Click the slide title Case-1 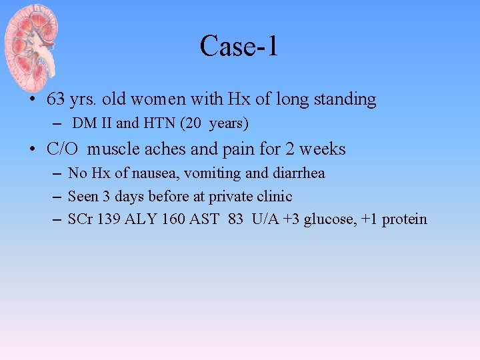tap(239, 47)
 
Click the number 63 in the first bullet tap(56, 100)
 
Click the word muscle tap(112, 149)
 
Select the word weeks tap(322, 149)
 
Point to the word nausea tap(154, 173)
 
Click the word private tap(230, 196)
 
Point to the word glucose tap(328, 219)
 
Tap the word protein tap(403, 219)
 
